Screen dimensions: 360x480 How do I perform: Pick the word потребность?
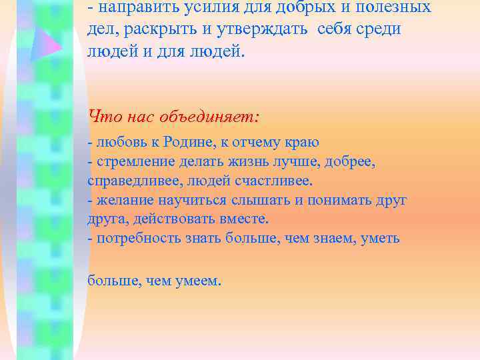(x=137, y=238)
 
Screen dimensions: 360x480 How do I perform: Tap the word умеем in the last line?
(x=199, y=281)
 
